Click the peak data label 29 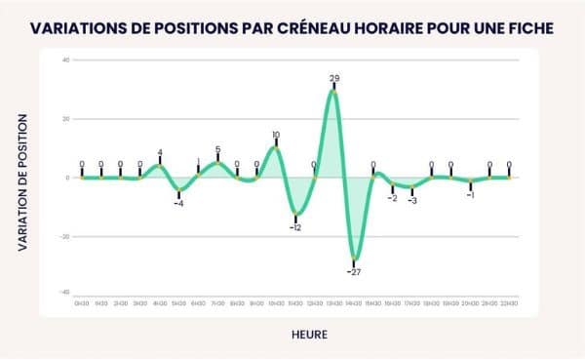click(x=334, y=78)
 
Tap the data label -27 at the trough click(x=355, y=271)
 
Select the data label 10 click(x=276, y=136)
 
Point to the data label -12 click(x=295, y=226)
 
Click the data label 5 click(x=217, y=150)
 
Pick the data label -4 click(x=178, y=203)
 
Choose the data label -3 click(x=412, y=200)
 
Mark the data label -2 click(x=393, y=197)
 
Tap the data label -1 click(x=470, y=195)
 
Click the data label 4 click(x=160, y=153)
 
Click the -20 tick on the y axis click(x=63, y=236)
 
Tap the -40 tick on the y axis click(x=63, y=293)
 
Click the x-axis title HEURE click(x=309, y=335)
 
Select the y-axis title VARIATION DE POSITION click(x=21, y=183)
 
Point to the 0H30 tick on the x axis click(x=81, y=304)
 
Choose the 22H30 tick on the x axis click(x=509, y=304)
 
